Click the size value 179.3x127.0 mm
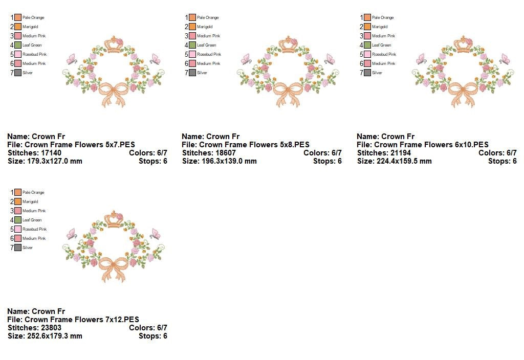coord(55,161)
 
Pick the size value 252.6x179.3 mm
coord(55,336)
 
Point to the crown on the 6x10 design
coord(465,44)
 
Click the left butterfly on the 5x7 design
coord(71,59)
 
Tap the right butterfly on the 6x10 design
coord(505,59)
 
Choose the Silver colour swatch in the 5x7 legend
coord(18,73)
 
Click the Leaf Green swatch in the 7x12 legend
coord(18,220)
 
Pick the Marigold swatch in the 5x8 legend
coord(192,27)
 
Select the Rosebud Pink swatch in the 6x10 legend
coord(367,54)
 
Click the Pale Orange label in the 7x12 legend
coord(33,192)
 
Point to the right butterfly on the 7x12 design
coord(155,234)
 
